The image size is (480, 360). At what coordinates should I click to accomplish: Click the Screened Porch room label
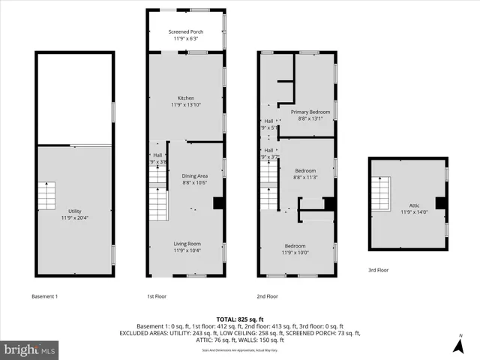point(186,32)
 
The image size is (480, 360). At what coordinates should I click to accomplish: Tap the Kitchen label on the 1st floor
point(186,98)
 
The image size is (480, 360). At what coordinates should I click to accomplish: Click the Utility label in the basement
point(75,211)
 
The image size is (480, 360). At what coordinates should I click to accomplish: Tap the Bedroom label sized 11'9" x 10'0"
point(295,247)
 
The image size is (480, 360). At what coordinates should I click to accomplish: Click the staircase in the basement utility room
point(46,196)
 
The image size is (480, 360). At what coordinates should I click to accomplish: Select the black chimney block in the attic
point(441,202)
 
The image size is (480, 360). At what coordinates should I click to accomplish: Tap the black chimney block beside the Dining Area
point(218,202)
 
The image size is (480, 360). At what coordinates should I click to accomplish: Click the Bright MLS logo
point(30,349)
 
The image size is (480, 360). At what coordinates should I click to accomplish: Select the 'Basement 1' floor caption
point(45,296)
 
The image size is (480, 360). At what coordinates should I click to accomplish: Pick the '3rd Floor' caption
point(379,269)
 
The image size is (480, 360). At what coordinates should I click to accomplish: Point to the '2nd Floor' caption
point(267,296)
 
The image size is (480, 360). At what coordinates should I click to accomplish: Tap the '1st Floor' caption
point(157,296)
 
